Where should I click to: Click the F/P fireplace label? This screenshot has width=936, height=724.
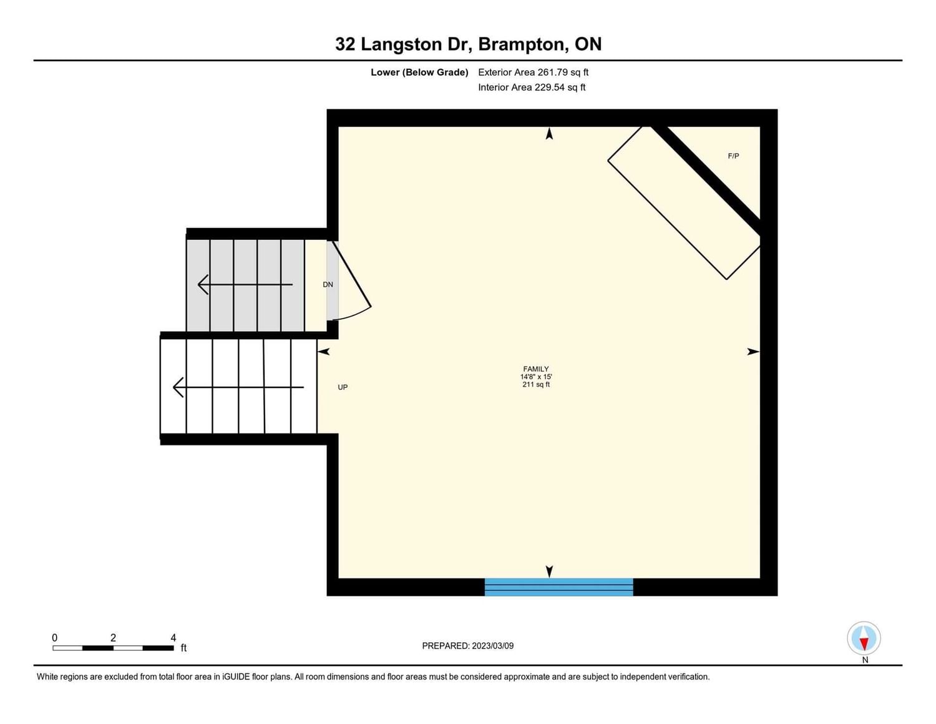(x=733, y=156)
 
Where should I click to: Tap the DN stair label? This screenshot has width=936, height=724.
(x=328, y=285)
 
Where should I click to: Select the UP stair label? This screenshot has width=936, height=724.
(x=343, y=387)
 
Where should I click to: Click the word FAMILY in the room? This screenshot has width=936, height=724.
(x=536, y=369)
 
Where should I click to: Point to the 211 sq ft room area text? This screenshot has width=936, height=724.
(x=536, y=384)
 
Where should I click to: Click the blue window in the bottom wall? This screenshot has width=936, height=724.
(x=558, y=587)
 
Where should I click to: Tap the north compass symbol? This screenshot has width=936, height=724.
(x=864, y=638)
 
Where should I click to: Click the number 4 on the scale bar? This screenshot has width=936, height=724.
(x=173, y=638)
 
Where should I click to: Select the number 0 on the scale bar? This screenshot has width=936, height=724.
(x=55, y=638)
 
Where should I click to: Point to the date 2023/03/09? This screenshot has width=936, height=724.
(x=493, y=646)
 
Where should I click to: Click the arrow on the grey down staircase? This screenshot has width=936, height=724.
(x=245, y=285)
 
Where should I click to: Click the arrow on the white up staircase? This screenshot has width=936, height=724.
(x=238, y=387)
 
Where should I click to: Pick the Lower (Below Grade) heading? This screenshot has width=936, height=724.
(x=419, y=72)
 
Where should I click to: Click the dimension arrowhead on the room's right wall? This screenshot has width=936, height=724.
(x=753, y=352)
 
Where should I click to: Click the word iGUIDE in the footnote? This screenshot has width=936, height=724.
(x=236, y=677)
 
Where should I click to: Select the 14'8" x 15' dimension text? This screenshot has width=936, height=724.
(x=536, y=377)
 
